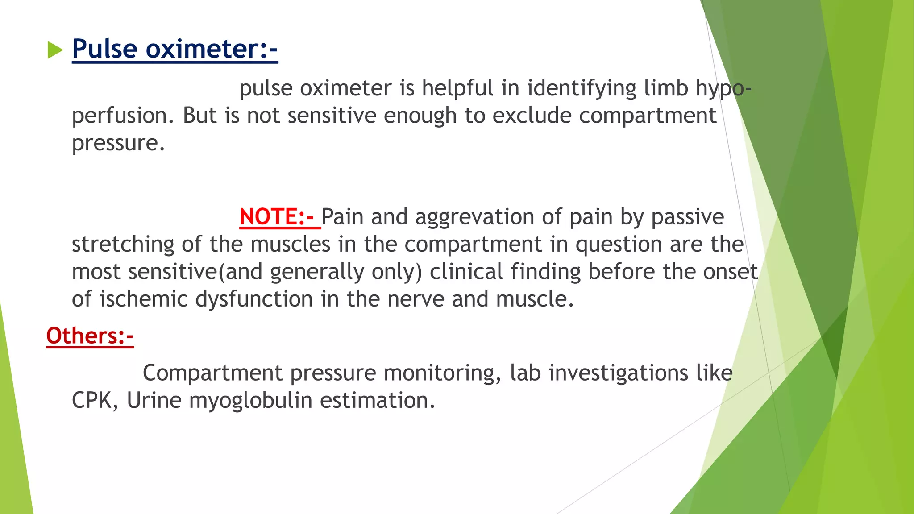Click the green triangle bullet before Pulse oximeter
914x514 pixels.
tap(55, 50)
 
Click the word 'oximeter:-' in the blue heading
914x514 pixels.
tap(212, 49)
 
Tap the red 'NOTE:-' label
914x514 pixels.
tap(277, 217)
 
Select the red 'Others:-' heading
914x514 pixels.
tap(90, 336)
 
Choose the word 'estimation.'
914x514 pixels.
tap(378, 400)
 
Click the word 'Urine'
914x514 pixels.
tap(154, 400)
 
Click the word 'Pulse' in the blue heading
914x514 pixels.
tap(105, 49)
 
